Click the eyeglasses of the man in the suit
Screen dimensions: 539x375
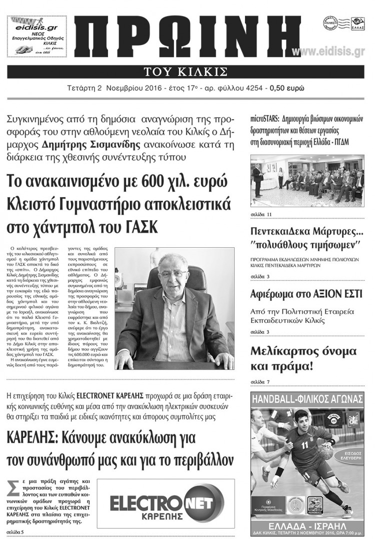tap(171, 274)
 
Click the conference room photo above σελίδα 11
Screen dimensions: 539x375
tap(307, 181)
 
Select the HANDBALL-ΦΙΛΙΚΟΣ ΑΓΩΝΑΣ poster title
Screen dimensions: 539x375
tap(307, 399)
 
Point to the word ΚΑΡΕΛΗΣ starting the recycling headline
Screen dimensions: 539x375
tap(29, 437)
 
